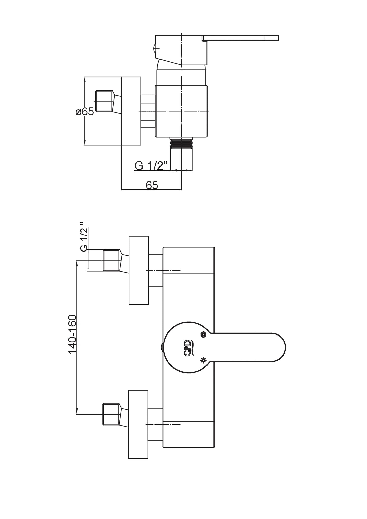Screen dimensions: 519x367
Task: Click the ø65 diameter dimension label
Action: point(85,111)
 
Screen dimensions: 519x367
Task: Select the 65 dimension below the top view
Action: point(152,185)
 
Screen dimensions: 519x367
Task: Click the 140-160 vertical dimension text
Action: point(73,334)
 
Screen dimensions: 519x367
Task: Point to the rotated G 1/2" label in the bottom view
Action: point(84,237)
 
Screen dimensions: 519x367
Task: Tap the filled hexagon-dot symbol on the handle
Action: point(203,335)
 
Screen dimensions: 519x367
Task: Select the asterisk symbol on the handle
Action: point(203,360)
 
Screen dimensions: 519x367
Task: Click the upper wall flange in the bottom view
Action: point(138,270)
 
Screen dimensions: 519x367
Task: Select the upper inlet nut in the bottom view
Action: point(111,260)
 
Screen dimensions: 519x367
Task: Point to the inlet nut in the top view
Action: point(104,101)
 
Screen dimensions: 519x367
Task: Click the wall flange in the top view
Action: point(131,111)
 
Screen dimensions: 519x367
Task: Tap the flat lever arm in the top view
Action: point(240,38)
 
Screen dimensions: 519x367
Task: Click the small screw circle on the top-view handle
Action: point(155,47)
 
